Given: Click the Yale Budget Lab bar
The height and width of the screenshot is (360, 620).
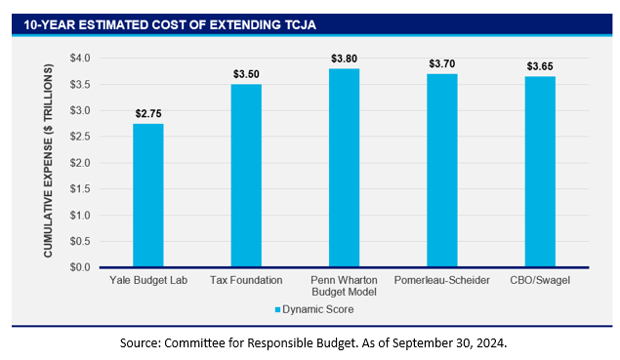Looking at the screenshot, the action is (148, 195).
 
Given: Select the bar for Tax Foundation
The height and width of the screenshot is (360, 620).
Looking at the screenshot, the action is (246, 176).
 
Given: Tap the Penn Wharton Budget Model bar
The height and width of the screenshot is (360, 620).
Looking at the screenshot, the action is (344, 168).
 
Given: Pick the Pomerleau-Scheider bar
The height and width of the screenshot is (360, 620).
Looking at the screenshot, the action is (442, 171).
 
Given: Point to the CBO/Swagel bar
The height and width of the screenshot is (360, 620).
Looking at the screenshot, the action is (540, 172).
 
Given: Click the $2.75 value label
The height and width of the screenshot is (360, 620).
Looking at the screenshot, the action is (148, 114).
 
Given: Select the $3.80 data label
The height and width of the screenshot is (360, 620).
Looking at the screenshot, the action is (344, 59).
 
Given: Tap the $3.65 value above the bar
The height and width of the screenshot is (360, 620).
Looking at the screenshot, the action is (540, 66).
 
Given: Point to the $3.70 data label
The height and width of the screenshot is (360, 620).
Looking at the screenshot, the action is (442, 63).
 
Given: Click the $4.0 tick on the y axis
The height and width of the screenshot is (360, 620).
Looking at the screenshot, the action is (80, 59).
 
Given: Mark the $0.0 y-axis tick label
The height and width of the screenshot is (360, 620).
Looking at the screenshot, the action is (80, 267).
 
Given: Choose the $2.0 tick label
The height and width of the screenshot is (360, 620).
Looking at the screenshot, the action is (80, 163).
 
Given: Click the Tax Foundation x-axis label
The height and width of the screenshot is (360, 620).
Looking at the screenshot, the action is (246, 280).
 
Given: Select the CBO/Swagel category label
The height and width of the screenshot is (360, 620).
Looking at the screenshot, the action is (540, 281).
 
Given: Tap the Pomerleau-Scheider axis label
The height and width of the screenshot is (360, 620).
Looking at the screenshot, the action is (442, 280).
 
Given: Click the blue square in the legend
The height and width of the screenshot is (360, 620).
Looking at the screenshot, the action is (277, 310).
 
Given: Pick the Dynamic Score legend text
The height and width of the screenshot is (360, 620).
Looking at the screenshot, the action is (318, 309).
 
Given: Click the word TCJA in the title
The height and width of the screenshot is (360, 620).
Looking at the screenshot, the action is (301, 25).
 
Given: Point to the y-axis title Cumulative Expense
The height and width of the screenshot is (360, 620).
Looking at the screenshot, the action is (48, 160).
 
